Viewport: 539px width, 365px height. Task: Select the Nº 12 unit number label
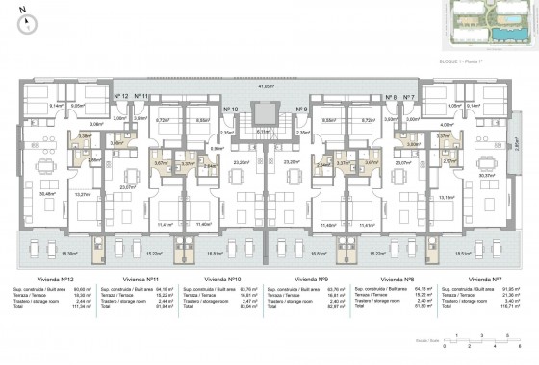121,97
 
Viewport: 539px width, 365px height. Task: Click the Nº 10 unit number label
229,109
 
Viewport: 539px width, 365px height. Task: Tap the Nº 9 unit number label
301,109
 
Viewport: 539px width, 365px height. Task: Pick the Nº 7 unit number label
408,97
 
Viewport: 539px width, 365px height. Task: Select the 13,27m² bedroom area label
84,195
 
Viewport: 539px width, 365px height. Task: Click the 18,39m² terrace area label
43,254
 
